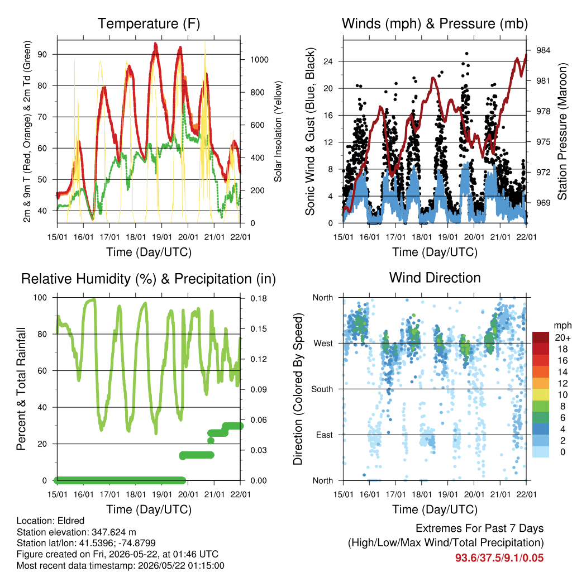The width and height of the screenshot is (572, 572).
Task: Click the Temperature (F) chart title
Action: coord(149,23)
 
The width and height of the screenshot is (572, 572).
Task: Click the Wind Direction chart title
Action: coord(435,278)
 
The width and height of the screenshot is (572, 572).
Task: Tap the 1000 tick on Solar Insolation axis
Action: coord(259,59)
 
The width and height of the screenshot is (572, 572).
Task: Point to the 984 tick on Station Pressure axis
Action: coord(543,50)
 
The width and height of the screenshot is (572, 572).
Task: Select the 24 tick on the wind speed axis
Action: coord(328,61)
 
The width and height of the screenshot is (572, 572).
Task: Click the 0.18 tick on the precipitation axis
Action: coord(259,298)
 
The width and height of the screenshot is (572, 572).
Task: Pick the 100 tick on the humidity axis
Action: coord(40,298)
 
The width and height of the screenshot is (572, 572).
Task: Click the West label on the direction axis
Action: coord(323,344)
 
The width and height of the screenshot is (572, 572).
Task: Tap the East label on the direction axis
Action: coord(325,435)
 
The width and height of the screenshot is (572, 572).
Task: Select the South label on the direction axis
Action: coord(322,389)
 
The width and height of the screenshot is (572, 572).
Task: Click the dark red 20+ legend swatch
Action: coord(541,337)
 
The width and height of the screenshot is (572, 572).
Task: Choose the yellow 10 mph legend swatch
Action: coord(541,394)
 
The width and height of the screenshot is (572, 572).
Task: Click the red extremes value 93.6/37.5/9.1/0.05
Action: coord(499,558)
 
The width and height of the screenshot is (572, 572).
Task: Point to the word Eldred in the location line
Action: coord(71,521)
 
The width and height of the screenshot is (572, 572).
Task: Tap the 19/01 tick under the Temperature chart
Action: coord(162,237)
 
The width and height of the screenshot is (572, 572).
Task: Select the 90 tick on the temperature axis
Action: coord(42,54)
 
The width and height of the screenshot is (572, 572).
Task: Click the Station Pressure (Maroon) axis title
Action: coord(562,131)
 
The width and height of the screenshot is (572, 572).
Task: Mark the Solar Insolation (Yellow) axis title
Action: coord(278,131)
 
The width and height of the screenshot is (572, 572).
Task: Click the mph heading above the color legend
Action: coord(562,325)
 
